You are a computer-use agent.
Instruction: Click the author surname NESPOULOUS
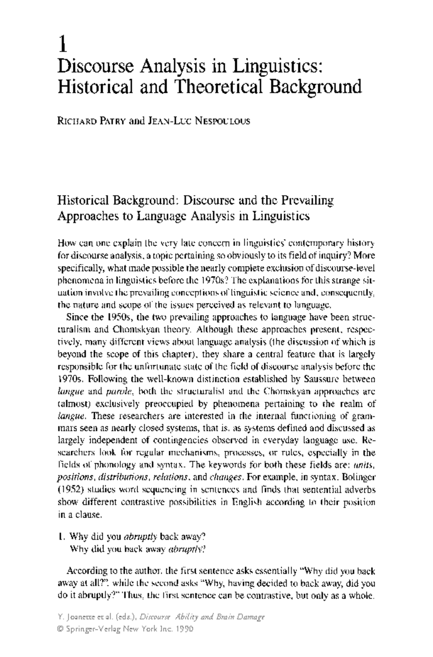pyautogui.click(x=223, y=121)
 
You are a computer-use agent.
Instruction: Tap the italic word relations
pyautogui.click(x=170, y=478)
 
